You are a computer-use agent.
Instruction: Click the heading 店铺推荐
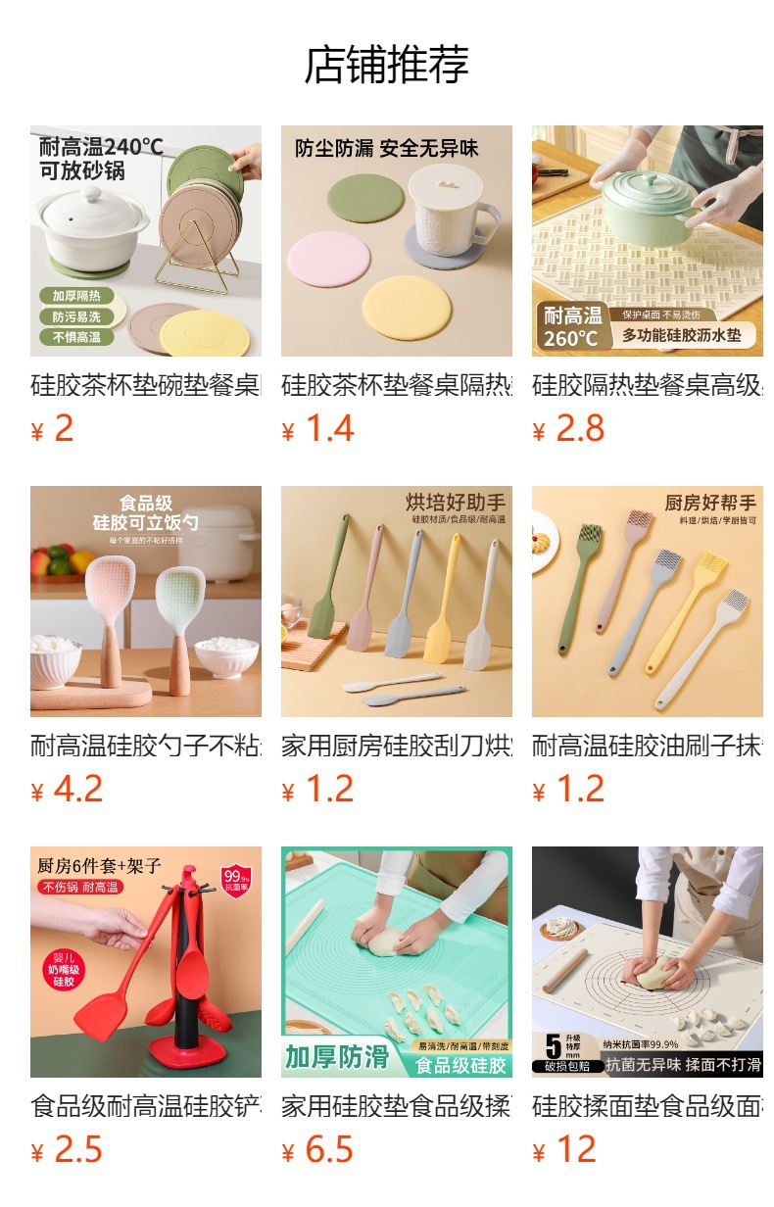click(x=387, y=66)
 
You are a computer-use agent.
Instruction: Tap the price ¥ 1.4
click(x=317, y=429)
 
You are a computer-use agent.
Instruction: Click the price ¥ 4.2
click(x=67, y=790)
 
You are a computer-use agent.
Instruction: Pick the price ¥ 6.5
click(x=317, y=1150)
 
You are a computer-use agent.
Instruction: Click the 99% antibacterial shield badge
click(x=236, y=877)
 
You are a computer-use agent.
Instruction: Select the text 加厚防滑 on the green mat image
click(x=337, y=1058)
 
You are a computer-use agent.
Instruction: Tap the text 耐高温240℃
click(x=101, y=147)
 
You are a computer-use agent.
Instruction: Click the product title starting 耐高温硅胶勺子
click(x=146, y=747)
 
